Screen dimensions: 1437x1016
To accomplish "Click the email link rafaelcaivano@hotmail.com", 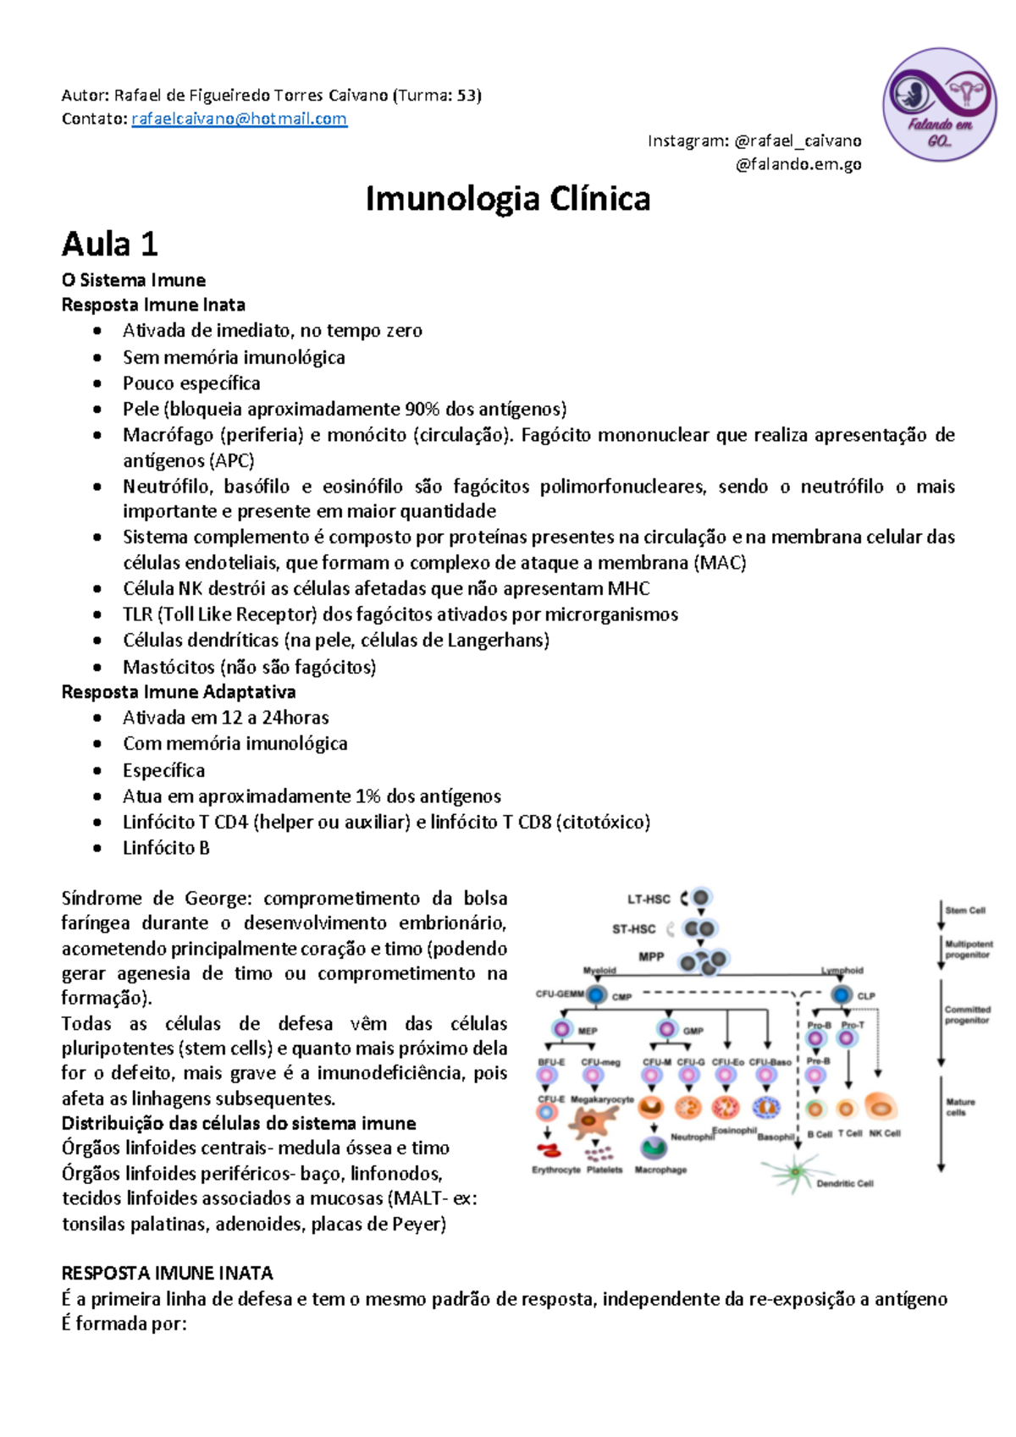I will pyautogui.click(x=239, y=118).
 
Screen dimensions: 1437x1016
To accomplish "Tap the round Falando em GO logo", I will pyautogui.click(x=939, y=104).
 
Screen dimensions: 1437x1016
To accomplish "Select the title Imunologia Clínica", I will pyautogui.click(x=507, y=199).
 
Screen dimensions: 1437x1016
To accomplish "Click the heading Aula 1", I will pyautogui.click(x=109, y=245).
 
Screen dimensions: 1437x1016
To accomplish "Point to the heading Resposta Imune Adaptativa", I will pyautogui.click(x=178, y=691).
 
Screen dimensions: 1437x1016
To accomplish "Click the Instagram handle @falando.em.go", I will pyautogui.click(x=798, y=164).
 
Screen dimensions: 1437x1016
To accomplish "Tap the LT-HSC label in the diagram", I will pyautogui.click(x=649, y=899).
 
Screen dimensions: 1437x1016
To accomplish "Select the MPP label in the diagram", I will pyautogui.click(x=651, y=957).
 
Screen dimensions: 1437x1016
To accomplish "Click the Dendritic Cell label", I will pyautogui.click(x=844, y=1183).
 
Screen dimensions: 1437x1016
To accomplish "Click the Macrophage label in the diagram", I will pyautogui.click(x=660, y=1170).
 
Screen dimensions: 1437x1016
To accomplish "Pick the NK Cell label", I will pyautogui.click(x=885, y=1133).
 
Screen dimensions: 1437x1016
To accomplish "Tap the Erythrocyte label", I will pyautogui.click(x=555, y=1170).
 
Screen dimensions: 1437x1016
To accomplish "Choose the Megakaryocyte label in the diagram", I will pyautogui.click(x=602, y=1099).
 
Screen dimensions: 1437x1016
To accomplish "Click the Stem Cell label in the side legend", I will pyautogui.click(x=965, y=911).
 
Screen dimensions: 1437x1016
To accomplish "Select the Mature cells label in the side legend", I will pyautogui.click(x=960, y=1107).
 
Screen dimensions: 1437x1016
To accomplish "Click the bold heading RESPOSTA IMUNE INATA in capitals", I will pyautogui.click(x=167, y=1273).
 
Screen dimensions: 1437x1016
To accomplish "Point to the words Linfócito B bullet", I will pyautogui.click(x=166, y=847).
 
